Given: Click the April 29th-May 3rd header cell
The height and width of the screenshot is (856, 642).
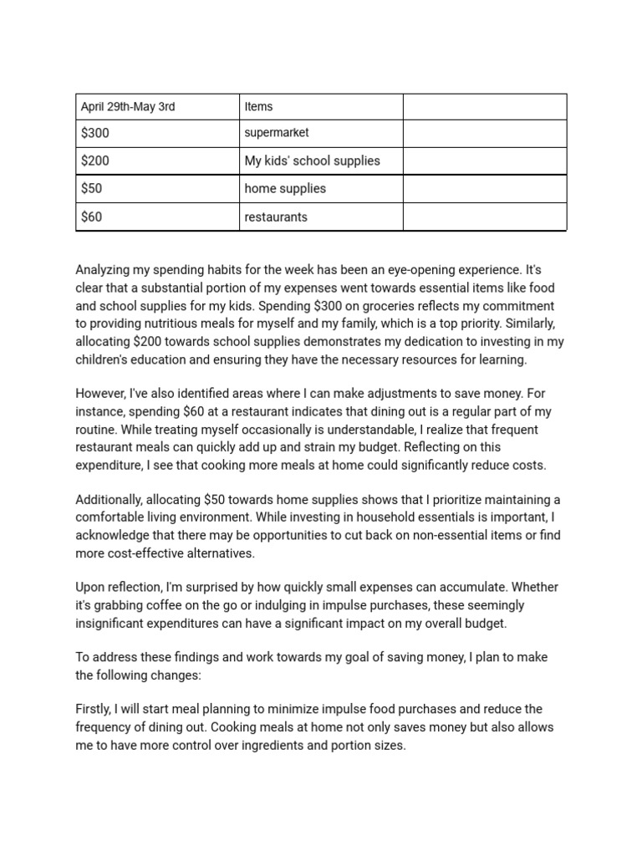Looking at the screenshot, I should point(128,107).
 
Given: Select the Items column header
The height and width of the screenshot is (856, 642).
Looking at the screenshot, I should point(258,107).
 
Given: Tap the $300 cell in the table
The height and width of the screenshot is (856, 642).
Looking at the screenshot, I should point(95,133).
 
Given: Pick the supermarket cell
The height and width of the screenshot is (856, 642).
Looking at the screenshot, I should point(277,133).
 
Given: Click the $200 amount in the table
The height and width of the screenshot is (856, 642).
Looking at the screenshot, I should point(95,160).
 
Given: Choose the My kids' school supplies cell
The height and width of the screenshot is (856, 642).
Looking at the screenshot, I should point(312,160).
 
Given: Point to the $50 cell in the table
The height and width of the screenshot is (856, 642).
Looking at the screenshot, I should point(92,189).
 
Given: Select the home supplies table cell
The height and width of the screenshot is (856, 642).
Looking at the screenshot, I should point(285,189).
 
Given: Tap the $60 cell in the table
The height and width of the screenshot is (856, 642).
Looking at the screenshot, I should point(92,217).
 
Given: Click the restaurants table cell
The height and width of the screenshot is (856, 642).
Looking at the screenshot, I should point(276,217).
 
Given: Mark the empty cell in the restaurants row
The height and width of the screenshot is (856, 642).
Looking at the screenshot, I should point(485,217).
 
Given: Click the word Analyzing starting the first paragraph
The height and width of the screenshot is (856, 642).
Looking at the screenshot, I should point(104,270).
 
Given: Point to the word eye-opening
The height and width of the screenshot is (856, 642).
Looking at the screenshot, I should point(415,270).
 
